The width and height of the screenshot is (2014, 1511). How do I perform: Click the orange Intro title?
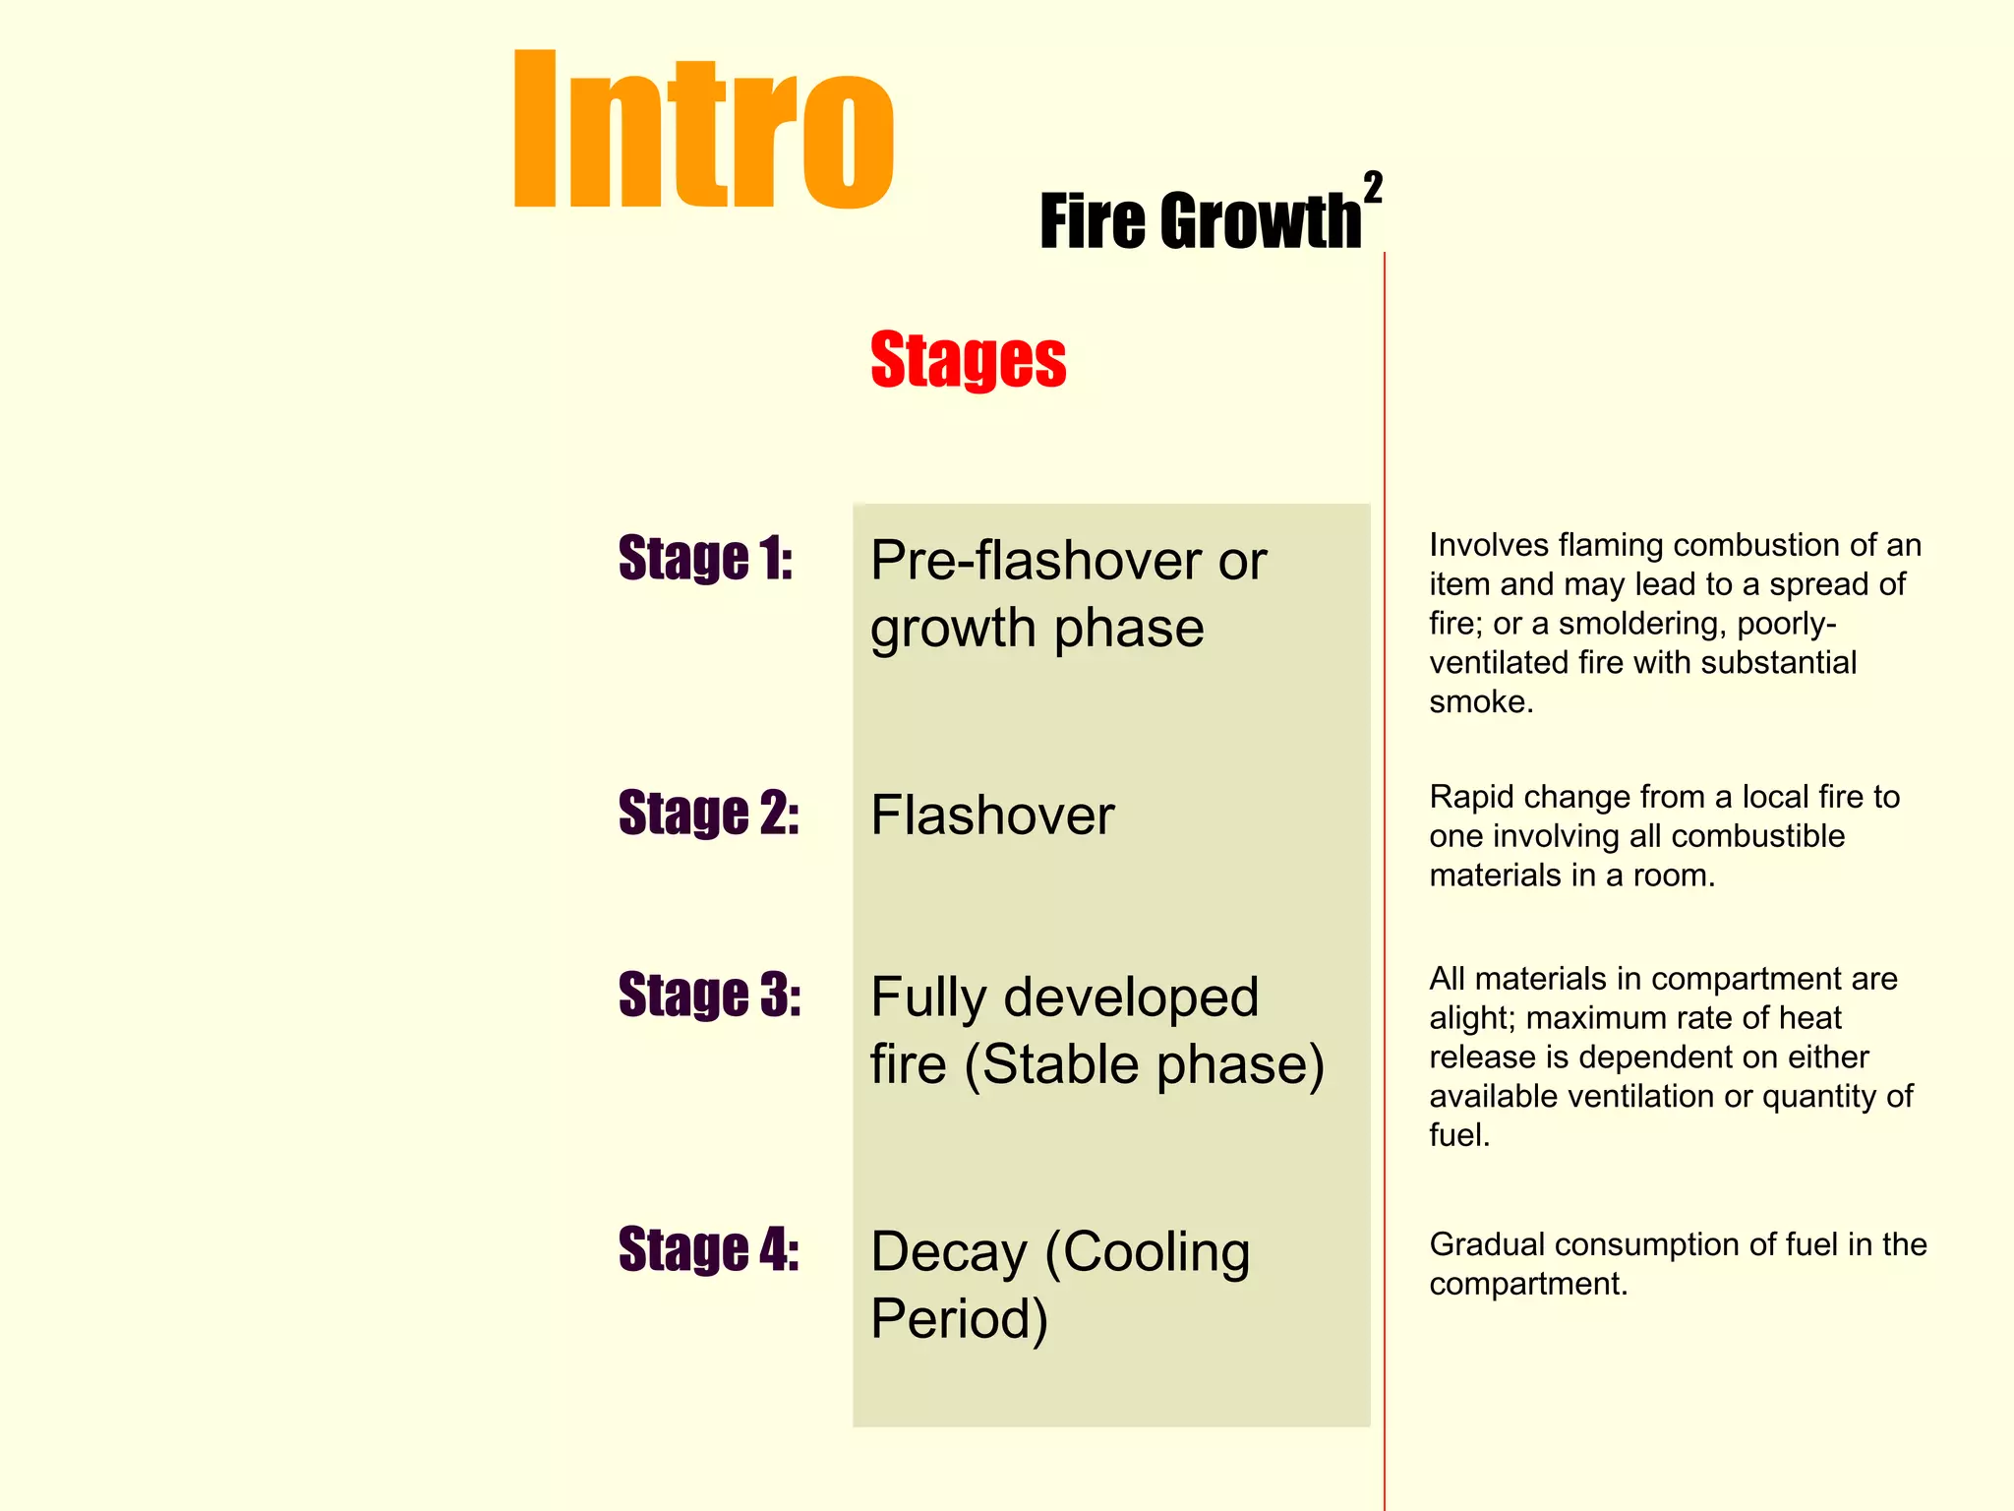tap(703, 130)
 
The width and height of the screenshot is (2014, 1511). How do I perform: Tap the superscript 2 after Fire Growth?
tap(1373, 187)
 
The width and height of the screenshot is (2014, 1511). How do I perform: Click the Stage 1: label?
tap(705, 558)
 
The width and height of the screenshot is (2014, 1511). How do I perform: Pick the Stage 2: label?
tap(708, 813)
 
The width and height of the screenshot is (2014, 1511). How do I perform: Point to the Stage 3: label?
tap(709, 995)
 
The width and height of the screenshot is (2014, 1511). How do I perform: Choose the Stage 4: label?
tap(708, 1249)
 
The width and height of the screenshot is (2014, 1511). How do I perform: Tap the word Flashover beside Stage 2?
tap(992, 816)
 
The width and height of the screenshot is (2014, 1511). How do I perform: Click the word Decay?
tap(948, 1253)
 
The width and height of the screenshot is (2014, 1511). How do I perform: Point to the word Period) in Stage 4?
tap(959, 1319)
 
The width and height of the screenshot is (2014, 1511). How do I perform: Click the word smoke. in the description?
tap(1481, 701)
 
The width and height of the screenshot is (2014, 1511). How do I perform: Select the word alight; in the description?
tap(1472, 1018)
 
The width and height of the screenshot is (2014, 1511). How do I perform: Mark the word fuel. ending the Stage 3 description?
tap(1459, 1135)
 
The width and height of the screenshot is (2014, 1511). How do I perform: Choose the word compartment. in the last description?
tap(1528, 1284)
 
